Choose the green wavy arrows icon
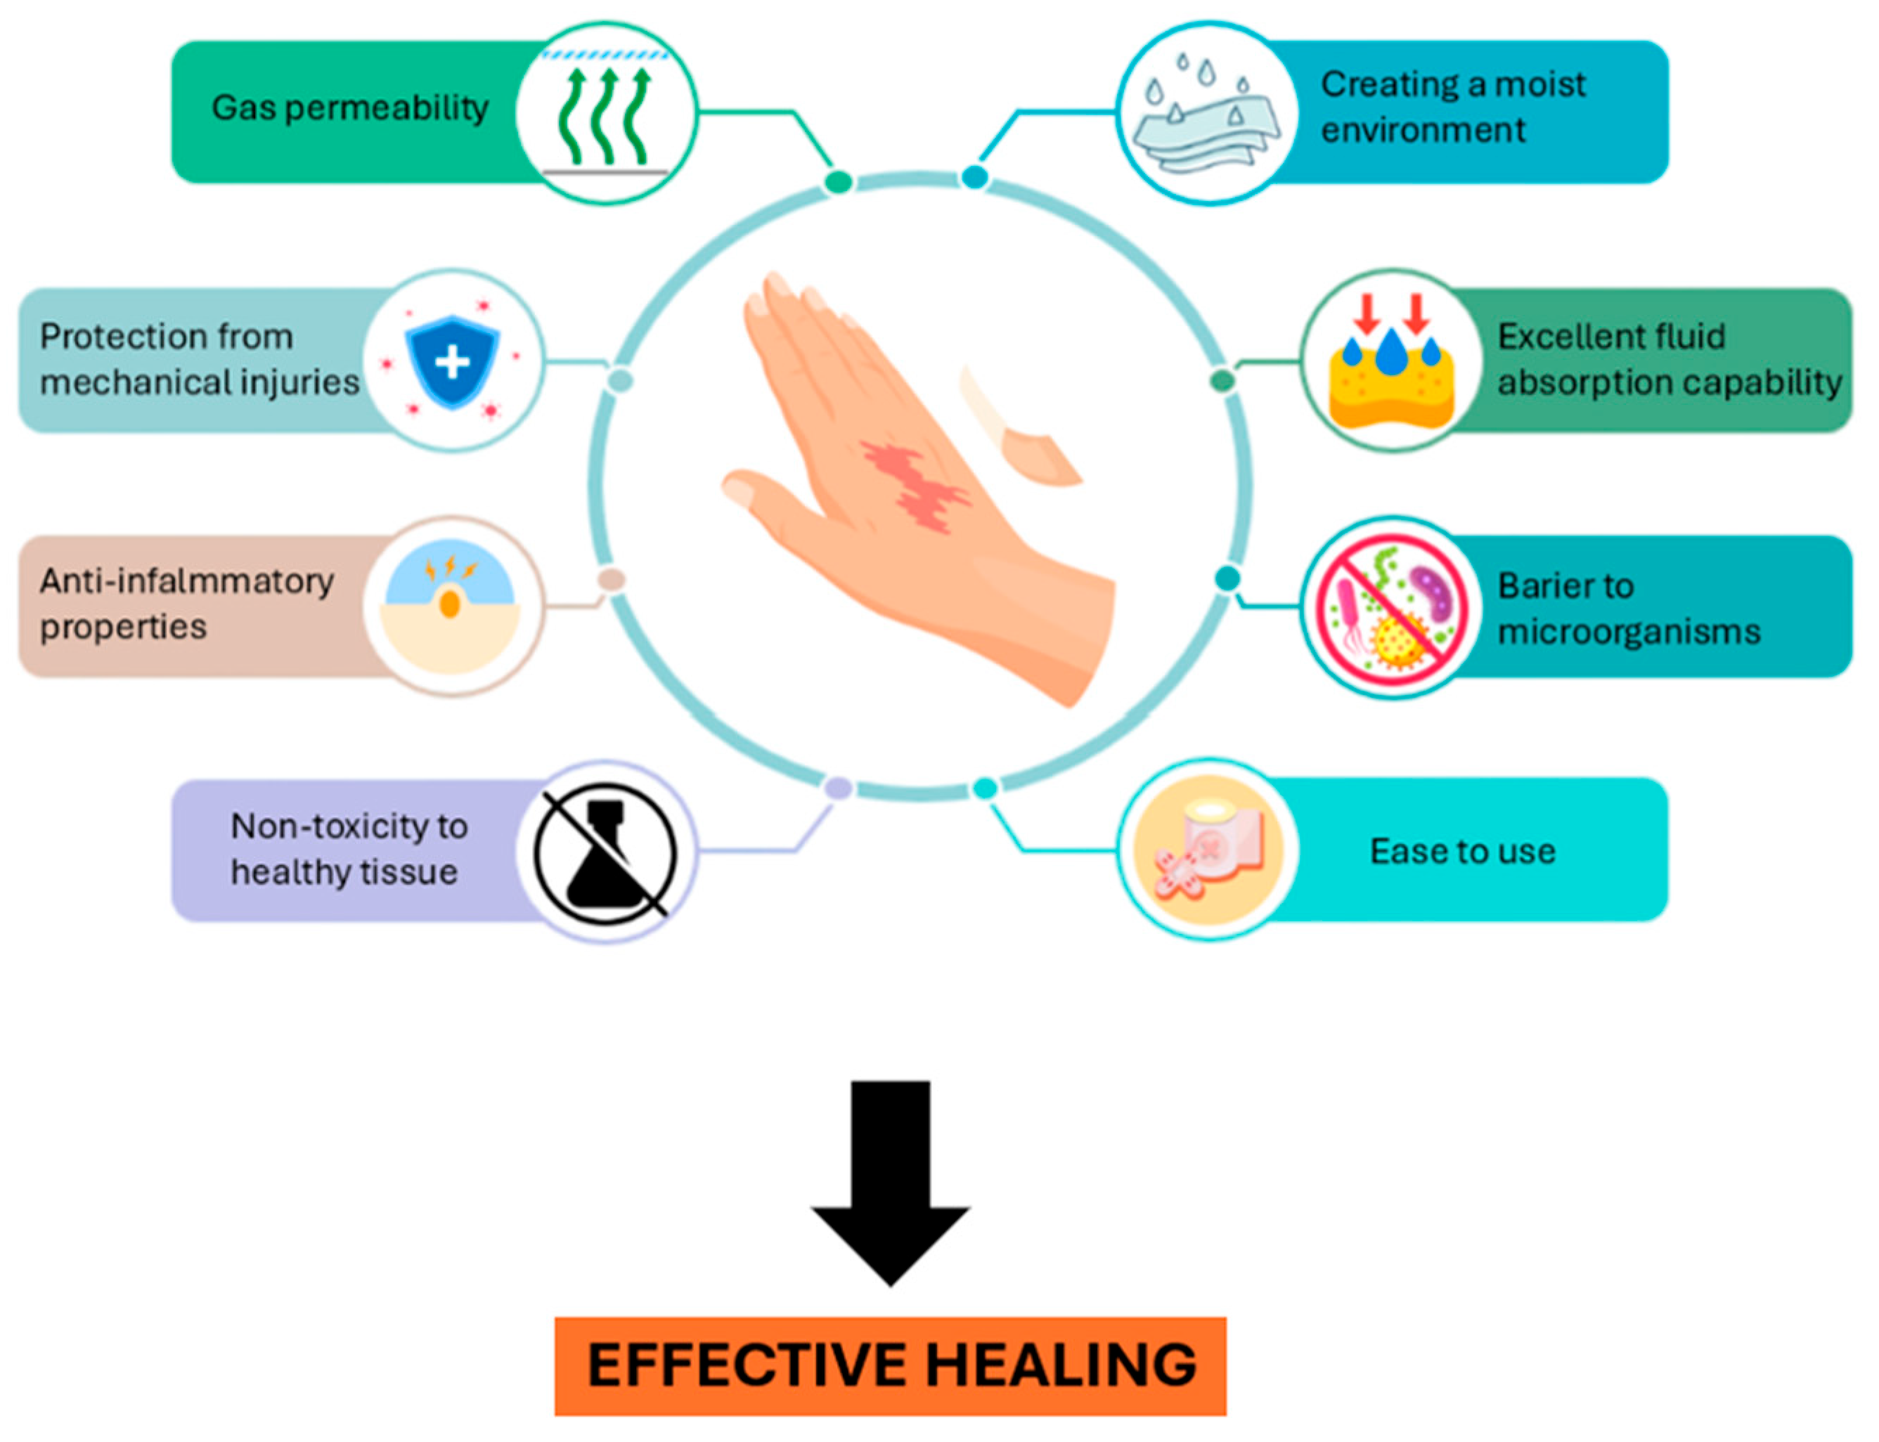pos(607,116)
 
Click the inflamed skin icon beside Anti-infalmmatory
pos(451,605)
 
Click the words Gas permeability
pos(349,108)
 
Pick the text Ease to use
pos(1462,852)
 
